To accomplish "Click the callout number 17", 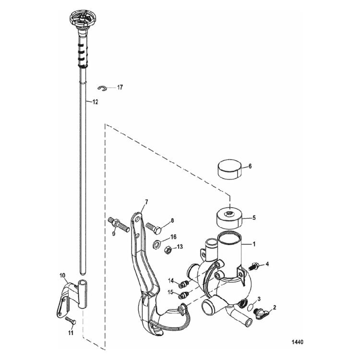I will (120, 87).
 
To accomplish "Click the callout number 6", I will (250, 166).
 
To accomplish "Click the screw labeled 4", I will (255, 264).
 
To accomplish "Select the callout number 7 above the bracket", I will (146, 202).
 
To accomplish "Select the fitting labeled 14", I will (183, 282).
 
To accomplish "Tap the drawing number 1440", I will (298, 343).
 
